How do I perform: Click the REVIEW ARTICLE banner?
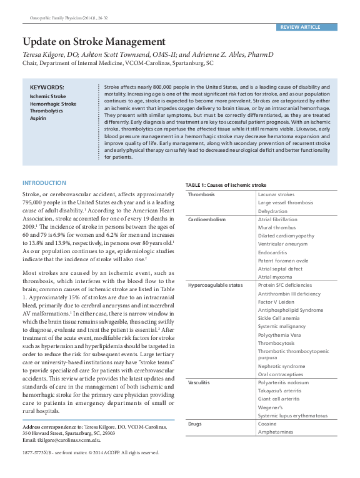300,27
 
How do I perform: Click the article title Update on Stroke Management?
94,42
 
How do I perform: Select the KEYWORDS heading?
46,87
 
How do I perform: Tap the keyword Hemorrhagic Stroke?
53,103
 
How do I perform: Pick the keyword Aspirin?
38,117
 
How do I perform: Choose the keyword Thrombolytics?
47,110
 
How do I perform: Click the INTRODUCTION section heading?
44,183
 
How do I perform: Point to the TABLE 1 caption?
226,186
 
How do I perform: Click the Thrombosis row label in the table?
201,194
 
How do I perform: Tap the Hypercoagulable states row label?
215,285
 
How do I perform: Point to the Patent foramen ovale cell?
283,260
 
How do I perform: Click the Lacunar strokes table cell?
276,194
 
